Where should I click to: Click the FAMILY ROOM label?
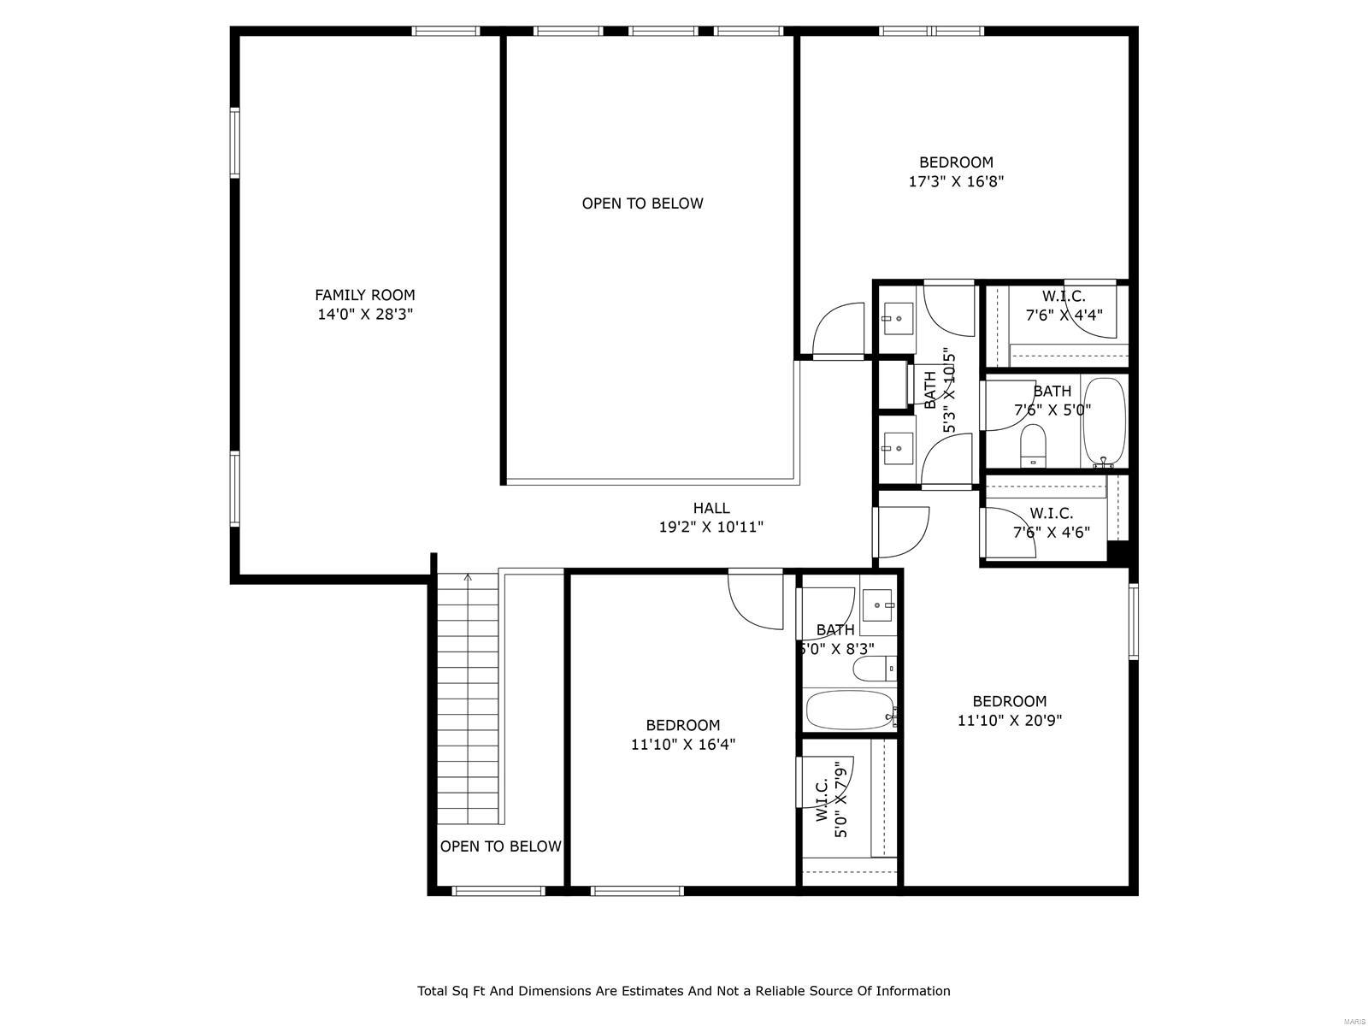(x=365, y=295)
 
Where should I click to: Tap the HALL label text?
(x=711, y=508)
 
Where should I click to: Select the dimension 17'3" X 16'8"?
(x=956, y=181)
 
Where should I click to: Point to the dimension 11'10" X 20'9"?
(x=1009, y=720)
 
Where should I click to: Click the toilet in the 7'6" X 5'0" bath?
(x=1033, y=445)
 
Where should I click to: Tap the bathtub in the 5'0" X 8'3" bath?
(x=849, y=710)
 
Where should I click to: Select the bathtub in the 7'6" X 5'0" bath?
(x=1104, y=422)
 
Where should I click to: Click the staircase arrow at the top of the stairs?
(x=467, y=580)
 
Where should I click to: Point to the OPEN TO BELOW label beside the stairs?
(x=500, y=846)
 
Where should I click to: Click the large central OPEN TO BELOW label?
(x=642, y=203)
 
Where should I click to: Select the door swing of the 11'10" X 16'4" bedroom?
(x=754, y=599)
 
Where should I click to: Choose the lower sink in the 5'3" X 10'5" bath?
(x=898, y=447)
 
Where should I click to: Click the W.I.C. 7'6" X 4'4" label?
(x=1064, y=305)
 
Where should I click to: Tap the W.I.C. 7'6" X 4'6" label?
(x=1051, y=522)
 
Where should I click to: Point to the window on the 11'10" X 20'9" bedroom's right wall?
(x=1133, y=621)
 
